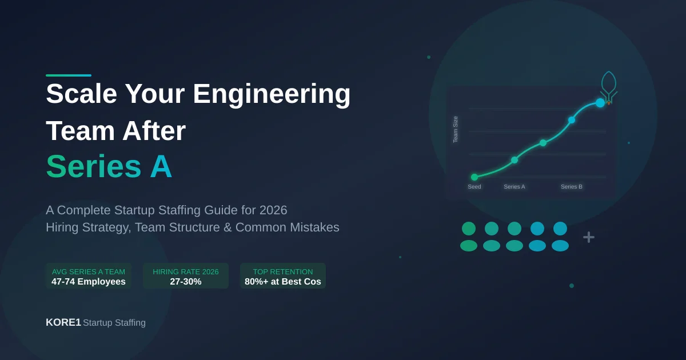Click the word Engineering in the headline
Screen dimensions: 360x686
(x=272, y=94)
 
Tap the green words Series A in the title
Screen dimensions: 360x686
(x=109, y=167)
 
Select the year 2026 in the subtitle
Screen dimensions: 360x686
(x=273, y=210)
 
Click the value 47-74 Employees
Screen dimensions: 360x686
(x=89, y=282)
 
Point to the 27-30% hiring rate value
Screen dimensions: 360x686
(x=186, y=282)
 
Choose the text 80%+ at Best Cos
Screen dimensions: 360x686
(x=283, y=282)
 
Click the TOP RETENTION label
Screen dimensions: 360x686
(x=283, y=271)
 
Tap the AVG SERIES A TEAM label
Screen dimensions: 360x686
(x=89, y=271)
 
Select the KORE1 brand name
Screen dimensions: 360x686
(x=63, y=322)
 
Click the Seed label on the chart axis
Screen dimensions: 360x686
(x=474, y=187)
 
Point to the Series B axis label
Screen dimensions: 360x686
(x=572, y=187)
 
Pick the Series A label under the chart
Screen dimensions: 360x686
(x=514, y=187)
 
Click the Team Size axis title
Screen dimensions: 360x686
(x=456, y=129)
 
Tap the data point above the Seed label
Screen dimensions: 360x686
(x=474, y=177)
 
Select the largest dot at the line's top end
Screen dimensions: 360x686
(x=600, y=103)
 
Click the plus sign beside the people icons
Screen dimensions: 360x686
(x=589, y=237)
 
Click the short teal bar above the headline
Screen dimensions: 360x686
(x=69, y=75)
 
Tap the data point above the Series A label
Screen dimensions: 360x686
(x=514, y=160)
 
